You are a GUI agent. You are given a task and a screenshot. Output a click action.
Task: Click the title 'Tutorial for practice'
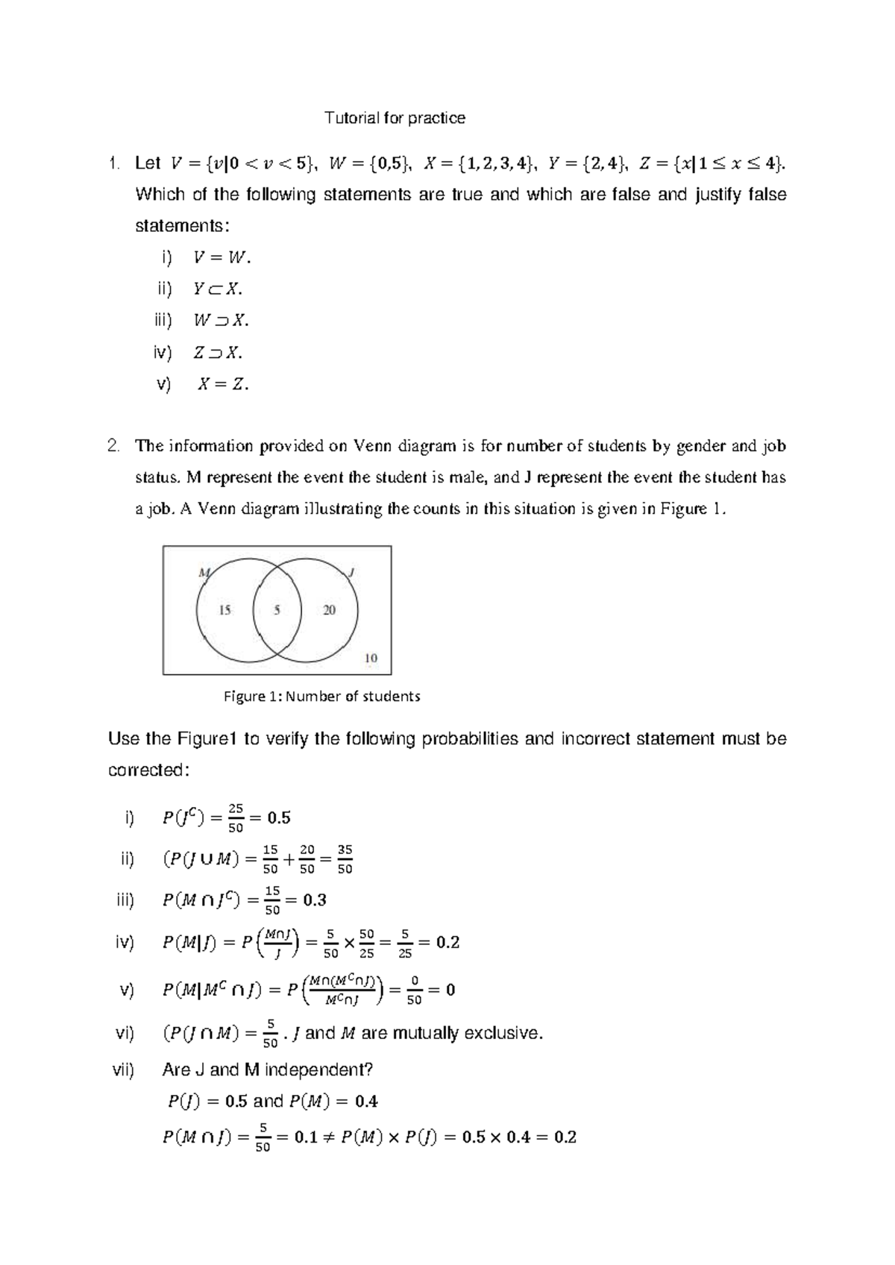tap(395, 118)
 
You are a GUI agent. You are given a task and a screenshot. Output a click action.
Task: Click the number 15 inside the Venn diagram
tap(224, 610)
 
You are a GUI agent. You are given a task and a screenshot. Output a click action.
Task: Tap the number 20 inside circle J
tap(329, 610)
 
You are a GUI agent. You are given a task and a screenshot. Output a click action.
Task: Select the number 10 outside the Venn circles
tap(371, 658)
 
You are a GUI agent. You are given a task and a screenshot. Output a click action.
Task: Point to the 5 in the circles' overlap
tap(277, 610)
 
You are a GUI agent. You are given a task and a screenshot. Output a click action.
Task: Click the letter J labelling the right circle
tap(351, 573)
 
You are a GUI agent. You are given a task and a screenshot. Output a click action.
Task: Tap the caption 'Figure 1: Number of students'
tap(322, 697)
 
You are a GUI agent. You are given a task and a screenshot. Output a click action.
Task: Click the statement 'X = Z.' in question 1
tap(223, 385)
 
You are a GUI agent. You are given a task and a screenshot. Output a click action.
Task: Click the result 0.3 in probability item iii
tap(315, 900)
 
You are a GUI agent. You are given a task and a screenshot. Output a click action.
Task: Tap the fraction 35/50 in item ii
tap(345, 859)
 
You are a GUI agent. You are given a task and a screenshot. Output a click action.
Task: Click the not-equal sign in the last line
tap(329, 1138)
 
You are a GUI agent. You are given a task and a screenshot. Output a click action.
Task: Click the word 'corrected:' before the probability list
tap(145, 770)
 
